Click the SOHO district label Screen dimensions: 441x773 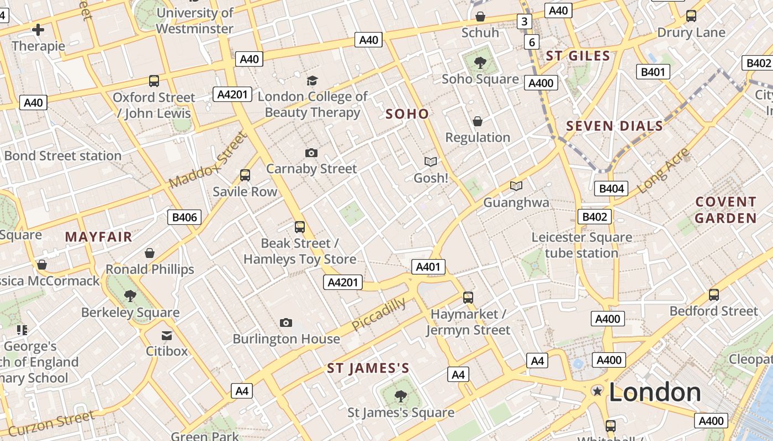click(407, 114)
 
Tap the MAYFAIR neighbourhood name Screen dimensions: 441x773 click(99, 237)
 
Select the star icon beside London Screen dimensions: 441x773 click(597, 391)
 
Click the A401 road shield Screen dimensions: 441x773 click(428, 267)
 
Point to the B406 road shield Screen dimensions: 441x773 click(184, 217)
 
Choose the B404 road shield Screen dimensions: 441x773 click(612, 189)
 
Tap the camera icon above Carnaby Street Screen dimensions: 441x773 click(311, 153)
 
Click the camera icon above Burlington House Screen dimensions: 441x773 click(285, 322)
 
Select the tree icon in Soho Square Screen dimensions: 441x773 click(480, 62)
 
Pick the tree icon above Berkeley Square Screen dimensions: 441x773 click(130, 296)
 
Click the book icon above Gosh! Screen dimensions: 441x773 click(431, 162)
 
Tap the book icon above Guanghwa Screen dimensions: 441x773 click(516, 186)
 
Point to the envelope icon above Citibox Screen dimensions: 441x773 click(167, 335)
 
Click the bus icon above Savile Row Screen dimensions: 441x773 click(245, 175)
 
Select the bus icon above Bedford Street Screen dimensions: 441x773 click(714, 294)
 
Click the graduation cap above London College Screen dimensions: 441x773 click(313, 80)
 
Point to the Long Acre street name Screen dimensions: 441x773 click(663, 170)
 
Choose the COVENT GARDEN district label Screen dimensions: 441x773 click(726, 209)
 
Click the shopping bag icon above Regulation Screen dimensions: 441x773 click(478, 121)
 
